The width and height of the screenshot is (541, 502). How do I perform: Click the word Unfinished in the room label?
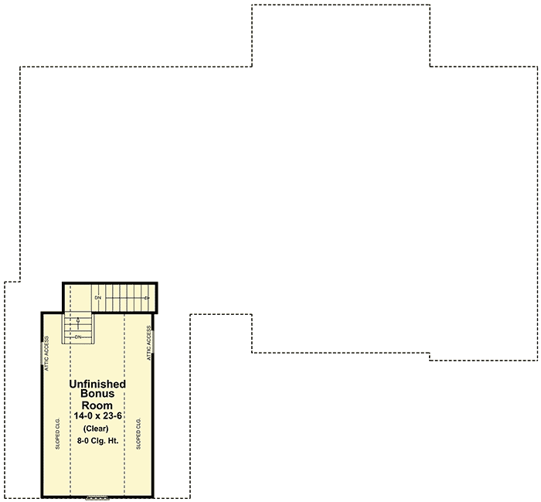[97, 384]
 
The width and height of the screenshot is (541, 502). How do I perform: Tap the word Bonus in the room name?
[97, 394]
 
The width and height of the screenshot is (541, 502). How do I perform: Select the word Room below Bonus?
[97, 405]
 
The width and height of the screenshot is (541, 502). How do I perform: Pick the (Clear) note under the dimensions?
[97, 429]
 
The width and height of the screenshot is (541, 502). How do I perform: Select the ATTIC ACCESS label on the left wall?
[47, 354]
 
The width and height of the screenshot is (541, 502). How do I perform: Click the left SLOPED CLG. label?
[57, 434]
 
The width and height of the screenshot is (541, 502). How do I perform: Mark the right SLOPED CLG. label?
[138, 434]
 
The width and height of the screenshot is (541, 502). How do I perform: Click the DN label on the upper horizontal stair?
[98, 298]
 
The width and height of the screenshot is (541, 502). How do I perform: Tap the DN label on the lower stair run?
[78, 336]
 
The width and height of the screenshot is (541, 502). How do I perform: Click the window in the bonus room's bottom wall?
[97, 497]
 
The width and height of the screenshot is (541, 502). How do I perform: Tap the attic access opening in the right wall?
[153, 340]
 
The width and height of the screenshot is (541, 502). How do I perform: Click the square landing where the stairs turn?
[77, 298]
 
